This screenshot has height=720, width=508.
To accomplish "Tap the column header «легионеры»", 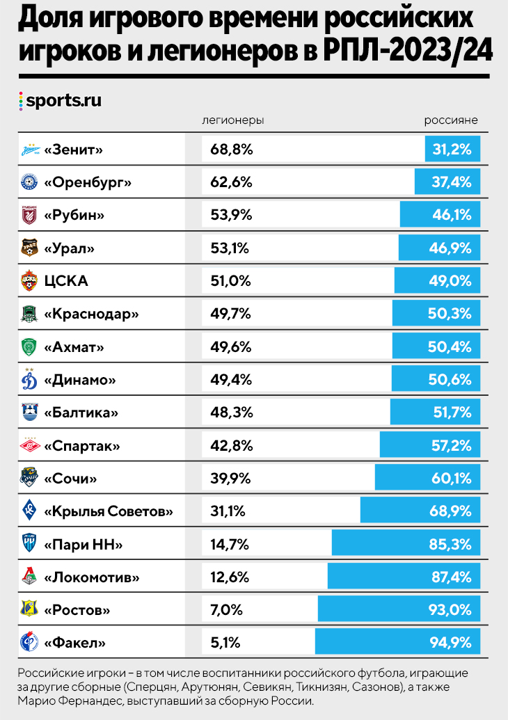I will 232,120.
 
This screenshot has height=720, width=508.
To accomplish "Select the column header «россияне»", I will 451,120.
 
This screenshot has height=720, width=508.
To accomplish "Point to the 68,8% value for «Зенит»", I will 231,149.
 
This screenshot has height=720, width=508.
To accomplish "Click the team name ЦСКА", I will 66,281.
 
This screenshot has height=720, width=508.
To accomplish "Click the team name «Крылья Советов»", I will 108,512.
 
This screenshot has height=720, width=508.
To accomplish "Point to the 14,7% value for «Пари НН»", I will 230,545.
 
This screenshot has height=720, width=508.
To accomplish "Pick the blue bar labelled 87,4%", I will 404,578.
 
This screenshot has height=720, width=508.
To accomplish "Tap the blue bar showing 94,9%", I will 397,643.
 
